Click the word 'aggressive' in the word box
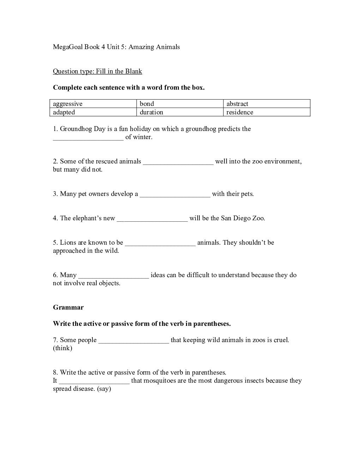68,104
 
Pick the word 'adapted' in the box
64,112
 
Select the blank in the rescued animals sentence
178,162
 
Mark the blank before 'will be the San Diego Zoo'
152,219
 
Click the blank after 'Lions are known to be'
160,243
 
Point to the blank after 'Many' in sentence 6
114,276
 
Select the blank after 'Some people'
134,341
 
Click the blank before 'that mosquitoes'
94,381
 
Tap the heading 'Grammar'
68,307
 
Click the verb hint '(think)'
62,348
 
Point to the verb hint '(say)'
104,389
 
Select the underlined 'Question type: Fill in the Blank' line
97,71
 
